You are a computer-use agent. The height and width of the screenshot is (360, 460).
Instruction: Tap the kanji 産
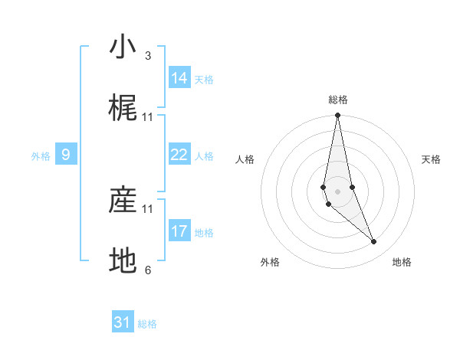[123, 200]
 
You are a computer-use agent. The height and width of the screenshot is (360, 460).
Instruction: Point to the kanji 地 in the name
[123, 261]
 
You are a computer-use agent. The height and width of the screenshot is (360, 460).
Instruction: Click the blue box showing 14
[179, 78]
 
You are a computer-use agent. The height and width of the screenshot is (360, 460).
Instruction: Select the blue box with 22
[179, 155]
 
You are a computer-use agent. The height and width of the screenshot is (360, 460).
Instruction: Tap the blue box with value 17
[179, 231]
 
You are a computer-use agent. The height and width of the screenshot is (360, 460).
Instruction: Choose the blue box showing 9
[66, 155]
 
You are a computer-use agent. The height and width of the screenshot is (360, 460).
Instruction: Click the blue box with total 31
[123, 322]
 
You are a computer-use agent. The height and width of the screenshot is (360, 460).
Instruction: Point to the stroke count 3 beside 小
[148, 56]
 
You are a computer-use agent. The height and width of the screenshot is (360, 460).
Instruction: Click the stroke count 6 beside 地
[148, 270]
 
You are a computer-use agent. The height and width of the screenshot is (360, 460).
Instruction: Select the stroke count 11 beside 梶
[148, 117]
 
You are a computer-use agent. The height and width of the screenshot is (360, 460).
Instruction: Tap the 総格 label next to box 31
[147, 324]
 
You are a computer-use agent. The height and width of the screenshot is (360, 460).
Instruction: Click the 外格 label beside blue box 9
[41, 156]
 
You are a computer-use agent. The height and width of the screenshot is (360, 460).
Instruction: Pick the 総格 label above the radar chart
[338, 100]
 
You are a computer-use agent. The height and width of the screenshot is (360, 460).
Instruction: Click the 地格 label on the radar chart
[402, 263]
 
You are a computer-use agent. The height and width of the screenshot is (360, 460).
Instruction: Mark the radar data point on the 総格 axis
[337, 116]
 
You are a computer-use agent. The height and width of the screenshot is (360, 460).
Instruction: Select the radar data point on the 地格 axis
[374, 242]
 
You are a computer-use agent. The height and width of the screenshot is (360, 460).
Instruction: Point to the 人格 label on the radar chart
[245, 159]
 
